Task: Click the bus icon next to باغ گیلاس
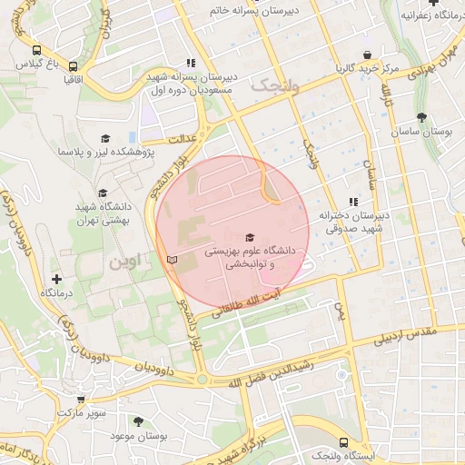(36, 51)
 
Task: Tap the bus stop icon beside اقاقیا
(73, 66)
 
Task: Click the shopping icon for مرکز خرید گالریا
(367, 54)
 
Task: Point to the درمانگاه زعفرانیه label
(427, 16)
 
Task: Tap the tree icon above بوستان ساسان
(422, 117)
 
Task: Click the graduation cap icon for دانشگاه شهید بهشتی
(102, 193)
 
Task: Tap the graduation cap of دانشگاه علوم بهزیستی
(250, 236)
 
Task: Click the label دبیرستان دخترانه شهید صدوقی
(353, 223)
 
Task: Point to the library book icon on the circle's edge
(172, 260)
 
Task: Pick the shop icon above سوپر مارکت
(81, 399)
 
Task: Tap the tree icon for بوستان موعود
(138, 422)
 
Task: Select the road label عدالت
(184, 136)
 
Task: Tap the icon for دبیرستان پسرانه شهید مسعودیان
(190, 64)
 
